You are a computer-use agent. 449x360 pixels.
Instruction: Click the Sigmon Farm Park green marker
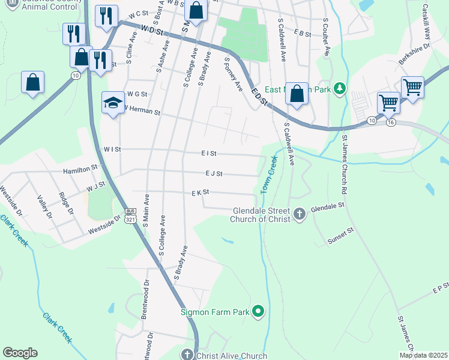coord(258,311)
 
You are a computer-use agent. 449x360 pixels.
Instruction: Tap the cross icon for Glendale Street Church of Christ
coord(300,213)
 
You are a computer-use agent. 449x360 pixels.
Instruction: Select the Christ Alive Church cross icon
coord(188,355)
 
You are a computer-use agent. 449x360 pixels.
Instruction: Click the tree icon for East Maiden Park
coord(340,89)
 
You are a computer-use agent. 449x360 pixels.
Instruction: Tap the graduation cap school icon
coord(112,104)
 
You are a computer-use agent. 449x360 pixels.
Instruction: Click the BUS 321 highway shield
coord(130,216)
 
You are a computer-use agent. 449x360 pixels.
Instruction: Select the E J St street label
coord(214,174)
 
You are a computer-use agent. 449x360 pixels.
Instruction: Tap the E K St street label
coord(200,193)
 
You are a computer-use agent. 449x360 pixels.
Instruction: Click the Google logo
coord(20,353)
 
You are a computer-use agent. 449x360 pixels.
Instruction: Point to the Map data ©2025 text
coord(423,355)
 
